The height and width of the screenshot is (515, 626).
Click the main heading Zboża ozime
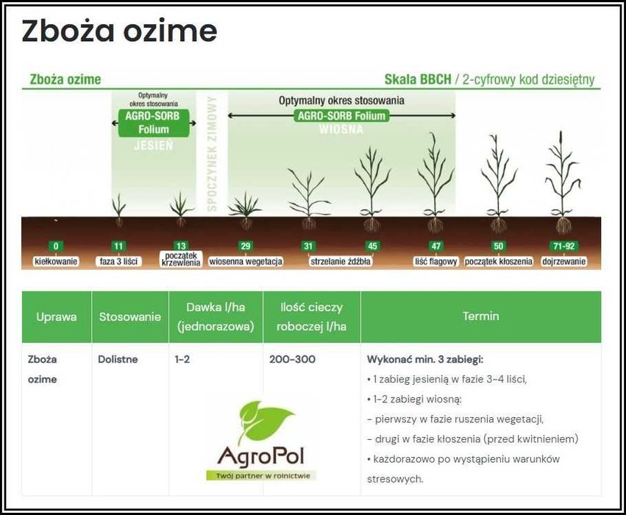click(119, 32)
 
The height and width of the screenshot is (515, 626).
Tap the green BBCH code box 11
click(118, 246)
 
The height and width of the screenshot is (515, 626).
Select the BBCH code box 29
click(245, 246)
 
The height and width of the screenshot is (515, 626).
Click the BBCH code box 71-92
click(563, 246)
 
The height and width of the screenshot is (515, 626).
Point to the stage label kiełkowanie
click(56, 261)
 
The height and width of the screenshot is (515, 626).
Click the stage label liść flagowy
click(436, 261)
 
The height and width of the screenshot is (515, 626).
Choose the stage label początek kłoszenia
click(499, 261)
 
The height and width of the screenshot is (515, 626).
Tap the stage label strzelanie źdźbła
click(341, 261)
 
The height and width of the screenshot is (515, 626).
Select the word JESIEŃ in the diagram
click(153, 146)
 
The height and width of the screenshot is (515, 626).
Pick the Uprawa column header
click(57, 317)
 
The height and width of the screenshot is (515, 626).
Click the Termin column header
click(480, 316)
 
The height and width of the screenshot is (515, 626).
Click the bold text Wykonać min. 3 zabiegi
click(424, 360)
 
